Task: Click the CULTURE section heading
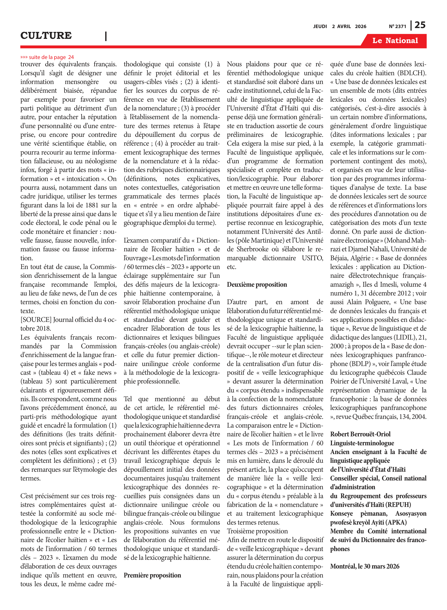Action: [x=46, y=35]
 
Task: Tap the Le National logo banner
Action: [x=395, y=41]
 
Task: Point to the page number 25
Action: [x=420, y=25]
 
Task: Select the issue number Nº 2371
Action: [x=397, y=26]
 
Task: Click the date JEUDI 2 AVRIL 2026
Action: [x=340, y=26]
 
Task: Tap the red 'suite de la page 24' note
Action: [x=47, y=57]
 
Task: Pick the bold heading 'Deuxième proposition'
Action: [x=257, y=284]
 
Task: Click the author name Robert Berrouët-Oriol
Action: [x=360, y=434]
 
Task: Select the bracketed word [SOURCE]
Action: [x=36, y=320]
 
